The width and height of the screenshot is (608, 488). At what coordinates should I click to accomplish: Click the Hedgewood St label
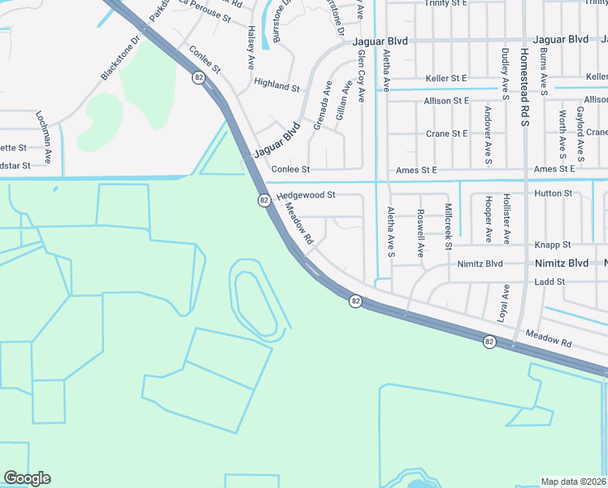306,195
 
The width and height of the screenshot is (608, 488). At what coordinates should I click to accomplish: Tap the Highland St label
277,84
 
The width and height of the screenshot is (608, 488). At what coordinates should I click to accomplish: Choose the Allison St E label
446,101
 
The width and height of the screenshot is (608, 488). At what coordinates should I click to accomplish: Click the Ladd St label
549,281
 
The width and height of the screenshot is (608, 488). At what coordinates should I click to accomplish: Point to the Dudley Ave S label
506,68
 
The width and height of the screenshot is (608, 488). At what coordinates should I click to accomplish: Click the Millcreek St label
448,220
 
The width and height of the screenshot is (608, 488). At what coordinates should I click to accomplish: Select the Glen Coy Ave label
362,76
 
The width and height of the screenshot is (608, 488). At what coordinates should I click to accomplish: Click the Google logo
27,478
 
